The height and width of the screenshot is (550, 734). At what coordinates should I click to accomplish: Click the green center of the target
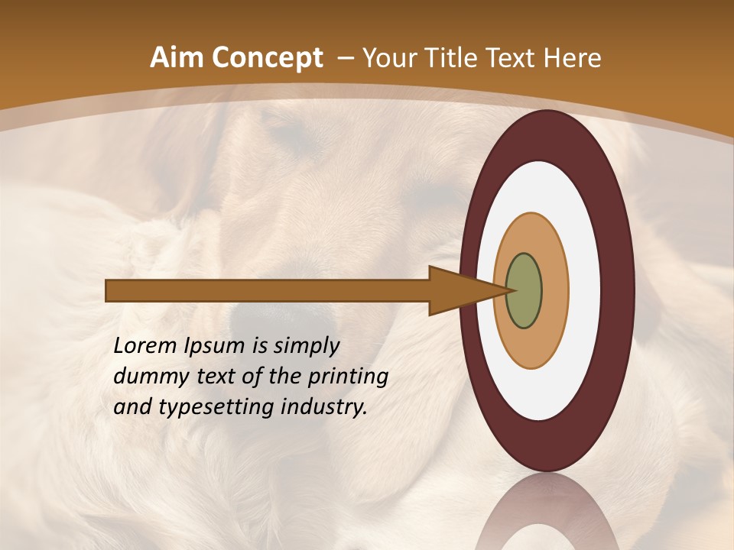[524, 290]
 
